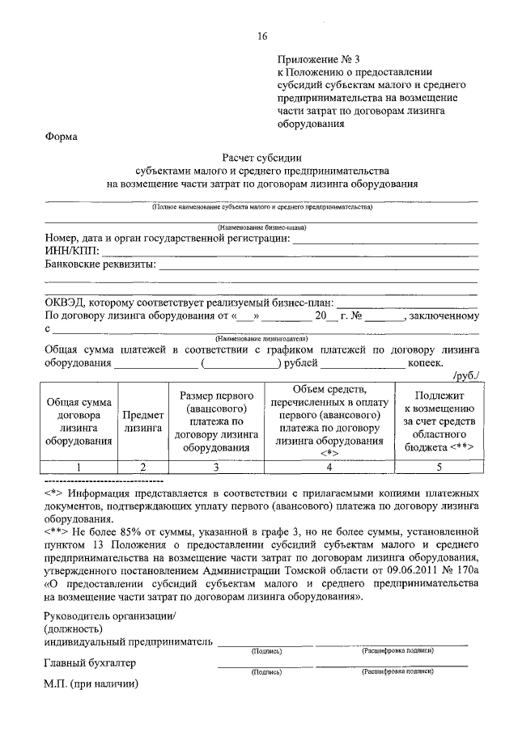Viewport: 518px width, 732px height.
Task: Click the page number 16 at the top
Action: [x=261, y=36]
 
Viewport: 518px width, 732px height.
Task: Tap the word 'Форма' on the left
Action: [x=61, y=137]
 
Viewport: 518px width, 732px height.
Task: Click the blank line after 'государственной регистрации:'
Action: [x=384, y=239]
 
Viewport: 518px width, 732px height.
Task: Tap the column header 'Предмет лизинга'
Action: [x=143, y=422]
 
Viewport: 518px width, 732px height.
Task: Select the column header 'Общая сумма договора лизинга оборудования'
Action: [x=79, y=421]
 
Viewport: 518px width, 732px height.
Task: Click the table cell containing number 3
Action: [x=216, y=467]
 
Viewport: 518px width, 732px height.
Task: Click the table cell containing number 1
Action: [x=79, y=467]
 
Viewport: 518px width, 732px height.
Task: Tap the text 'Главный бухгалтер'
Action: [x=90, y=663]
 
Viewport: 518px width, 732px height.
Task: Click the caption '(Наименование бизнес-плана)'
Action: [x=261, y=227]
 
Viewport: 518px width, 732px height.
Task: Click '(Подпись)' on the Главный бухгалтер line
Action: [x=266, y=671]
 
